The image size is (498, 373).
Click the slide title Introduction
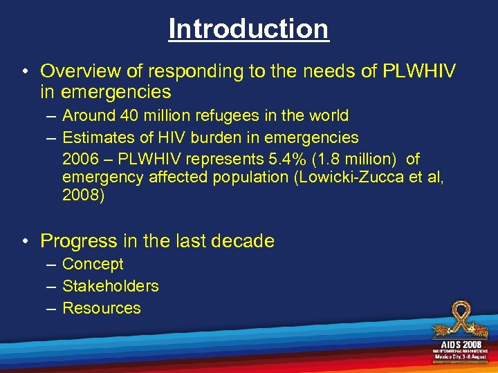pyautogui.click(x=248, y=28)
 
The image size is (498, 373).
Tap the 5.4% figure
pyautogui.click(x=282, y=158)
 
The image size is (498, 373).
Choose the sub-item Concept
pyautogui.click(x=93, y=264)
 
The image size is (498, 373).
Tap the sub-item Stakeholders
pyautogui.click(x=111, y=286)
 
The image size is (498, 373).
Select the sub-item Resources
pyautogui.click(x=102, y=308)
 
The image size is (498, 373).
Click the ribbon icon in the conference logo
pyautogui.click(x=459, y=320)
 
